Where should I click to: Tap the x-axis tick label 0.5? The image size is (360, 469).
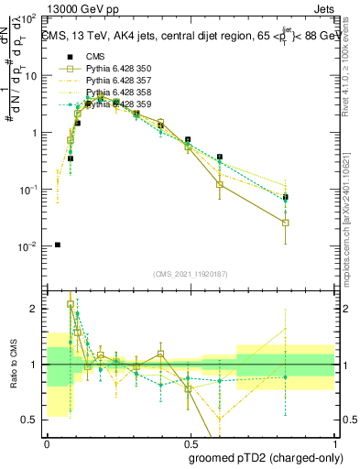[x=189, y=442]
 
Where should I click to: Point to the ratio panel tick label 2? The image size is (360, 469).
[x=36, y=309]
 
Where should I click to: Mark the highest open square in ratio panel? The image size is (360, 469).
[x=71, y=304]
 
